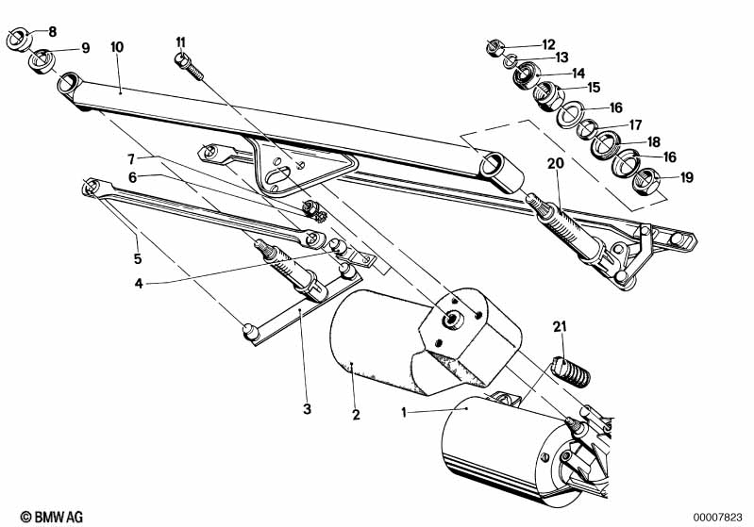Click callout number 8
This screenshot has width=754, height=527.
pyautogui.click(x=53, y=32)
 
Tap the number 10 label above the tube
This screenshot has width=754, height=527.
pyautogui.click(x=117, y=47)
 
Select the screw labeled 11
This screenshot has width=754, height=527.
pyautogui.click(x=189, y=67)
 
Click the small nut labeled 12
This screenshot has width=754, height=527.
pyautogui.click(x=494, y=47)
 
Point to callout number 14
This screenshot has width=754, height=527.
pyautogui.click(x=578, y=73)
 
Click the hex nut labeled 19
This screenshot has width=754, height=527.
pyautogui.click(x=647, y=181)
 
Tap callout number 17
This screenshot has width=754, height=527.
pyautogui.click(x=636, y=124)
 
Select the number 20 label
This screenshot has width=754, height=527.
pyautogui.click(x=556, y=163)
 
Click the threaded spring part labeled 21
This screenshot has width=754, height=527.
pyautogui.click(x=571, y=371)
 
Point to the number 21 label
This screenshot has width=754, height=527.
pyautogui.click(x=560, y=327)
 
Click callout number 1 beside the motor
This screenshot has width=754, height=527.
pyautogui.click(x=404, y=412)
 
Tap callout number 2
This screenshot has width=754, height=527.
pyautogui.click(x=356, y=415)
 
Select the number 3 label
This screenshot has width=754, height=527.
pyautogui.click(x=307, y=409)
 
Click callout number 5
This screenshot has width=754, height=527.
pyautogui.click(x=138, y=259)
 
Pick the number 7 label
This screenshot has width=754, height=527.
pyautogui.click(x=131, y=158)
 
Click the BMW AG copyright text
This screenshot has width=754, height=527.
pyautogui.click(x=52, y=517)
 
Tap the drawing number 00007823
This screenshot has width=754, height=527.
pyautogui.click(x=717, y=518)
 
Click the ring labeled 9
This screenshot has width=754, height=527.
pyautogui.click(x=42, y=61)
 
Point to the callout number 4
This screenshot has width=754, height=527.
pyautogui.click(x=139, y=284)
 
